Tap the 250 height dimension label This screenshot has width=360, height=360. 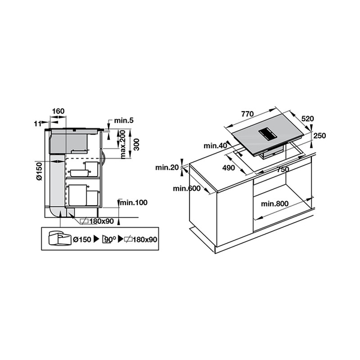(x=319, y=136)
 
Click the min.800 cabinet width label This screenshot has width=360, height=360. (x=275, y=204)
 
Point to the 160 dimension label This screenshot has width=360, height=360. (x=59, y=111)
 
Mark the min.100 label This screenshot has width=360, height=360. (x=133, y=203)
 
